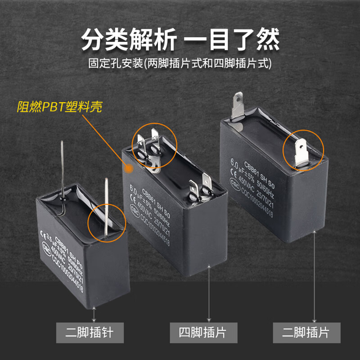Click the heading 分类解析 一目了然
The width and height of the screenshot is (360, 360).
pyautogui.click(x=180, y=40)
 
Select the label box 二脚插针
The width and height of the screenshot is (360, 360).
pyautogui.click(x=89, y=333)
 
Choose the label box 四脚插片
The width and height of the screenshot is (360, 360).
pyautogui.click(x=208, y=333)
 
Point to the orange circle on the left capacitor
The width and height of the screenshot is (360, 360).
pyautogui.click(x=107, y=219)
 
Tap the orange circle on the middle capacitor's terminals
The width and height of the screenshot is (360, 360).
pyautogui.click(x=154, y=144)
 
